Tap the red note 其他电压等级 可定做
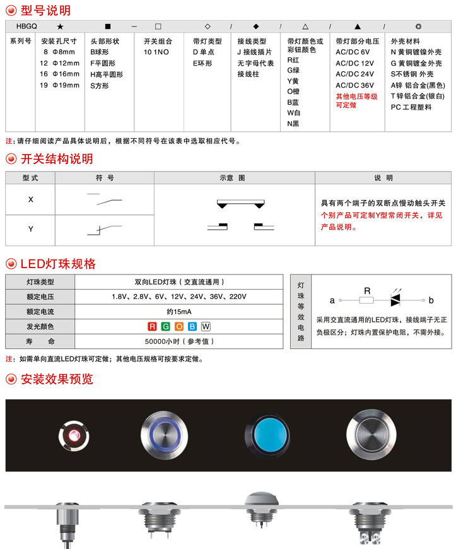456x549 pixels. click(x=356, y=101)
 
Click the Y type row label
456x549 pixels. click(x=30, y=230)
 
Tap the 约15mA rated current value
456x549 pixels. click(x=179, y=312)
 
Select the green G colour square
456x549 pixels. click(x=165, y=327)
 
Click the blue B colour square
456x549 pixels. click(x=192, y=327)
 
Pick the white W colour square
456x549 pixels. click(x=206, y=327)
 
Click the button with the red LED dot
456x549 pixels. click(x=74, y=435)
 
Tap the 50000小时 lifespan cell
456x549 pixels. click(x=179, y=341)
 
